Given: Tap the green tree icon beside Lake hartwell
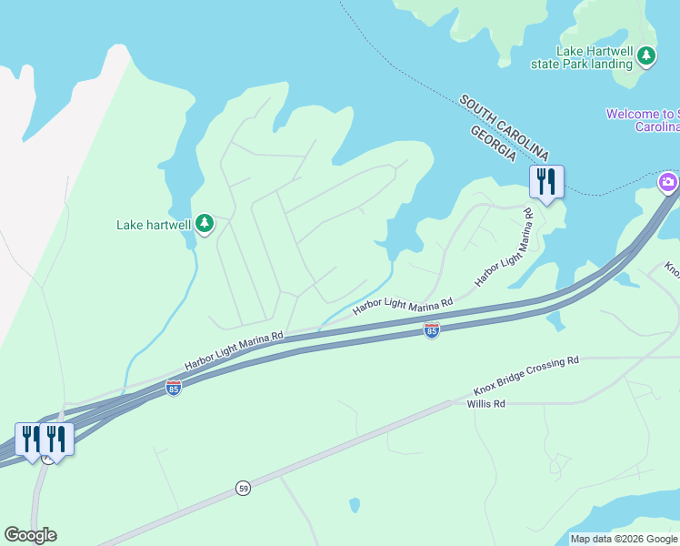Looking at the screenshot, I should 205,223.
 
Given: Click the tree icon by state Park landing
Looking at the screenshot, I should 646,56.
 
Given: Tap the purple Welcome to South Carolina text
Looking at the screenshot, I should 643,120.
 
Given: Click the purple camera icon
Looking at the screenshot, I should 668,183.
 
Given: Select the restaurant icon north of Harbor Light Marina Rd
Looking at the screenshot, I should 546,181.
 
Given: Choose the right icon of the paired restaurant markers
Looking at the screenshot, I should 55,440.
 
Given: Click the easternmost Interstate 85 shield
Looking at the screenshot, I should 432,330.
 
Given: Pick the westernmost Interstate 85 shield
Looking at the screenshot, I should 173,388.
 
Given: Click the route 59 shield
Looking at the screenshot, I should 243,488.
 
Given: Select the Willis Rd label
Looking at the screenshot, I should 485,403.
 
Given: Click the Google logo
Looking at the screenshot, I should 30,535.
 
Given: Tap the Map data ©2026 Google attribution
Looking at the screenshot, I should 623,539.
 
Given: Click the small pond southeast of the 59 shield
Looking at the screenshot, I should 355,504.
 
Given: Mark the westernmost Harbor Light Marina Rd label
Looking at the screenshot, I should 235,349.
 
